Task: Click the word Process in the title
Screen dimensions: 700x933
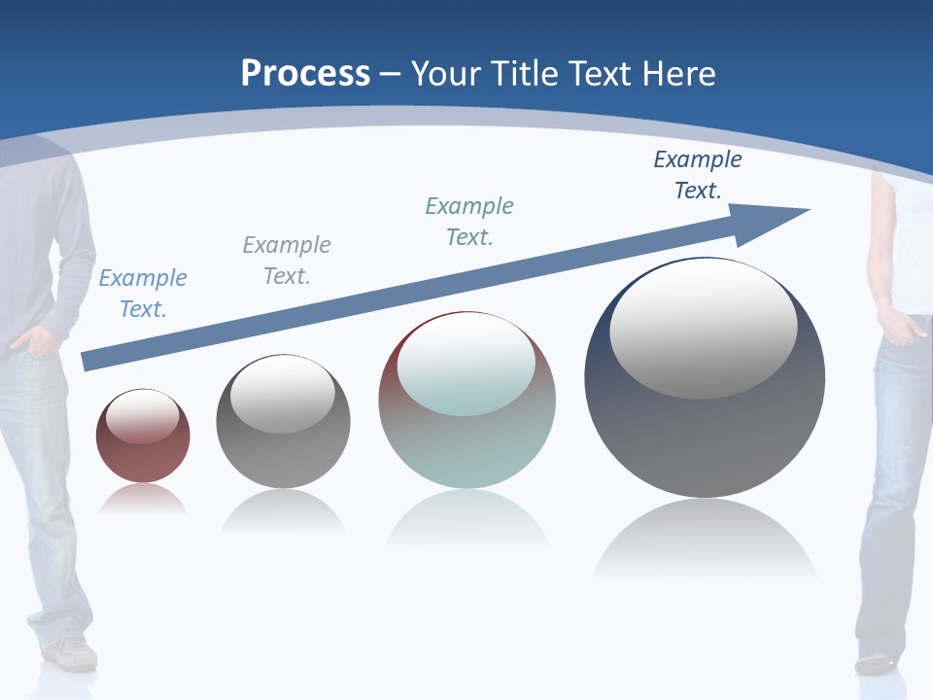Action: [x=305, y=74]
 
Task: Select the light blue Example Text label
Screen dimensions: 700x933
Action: [x=143, y=294]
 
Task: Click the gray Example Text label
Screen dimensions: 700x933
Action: [x=287, y=261]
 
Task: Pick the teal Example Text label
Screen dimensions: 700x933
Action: [x=469, y=222]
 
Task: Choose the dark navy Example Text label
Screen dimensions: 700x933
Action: [x=698, y=175]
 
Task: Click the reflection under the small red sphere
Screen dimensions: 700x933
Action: [x=143, y=500]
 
